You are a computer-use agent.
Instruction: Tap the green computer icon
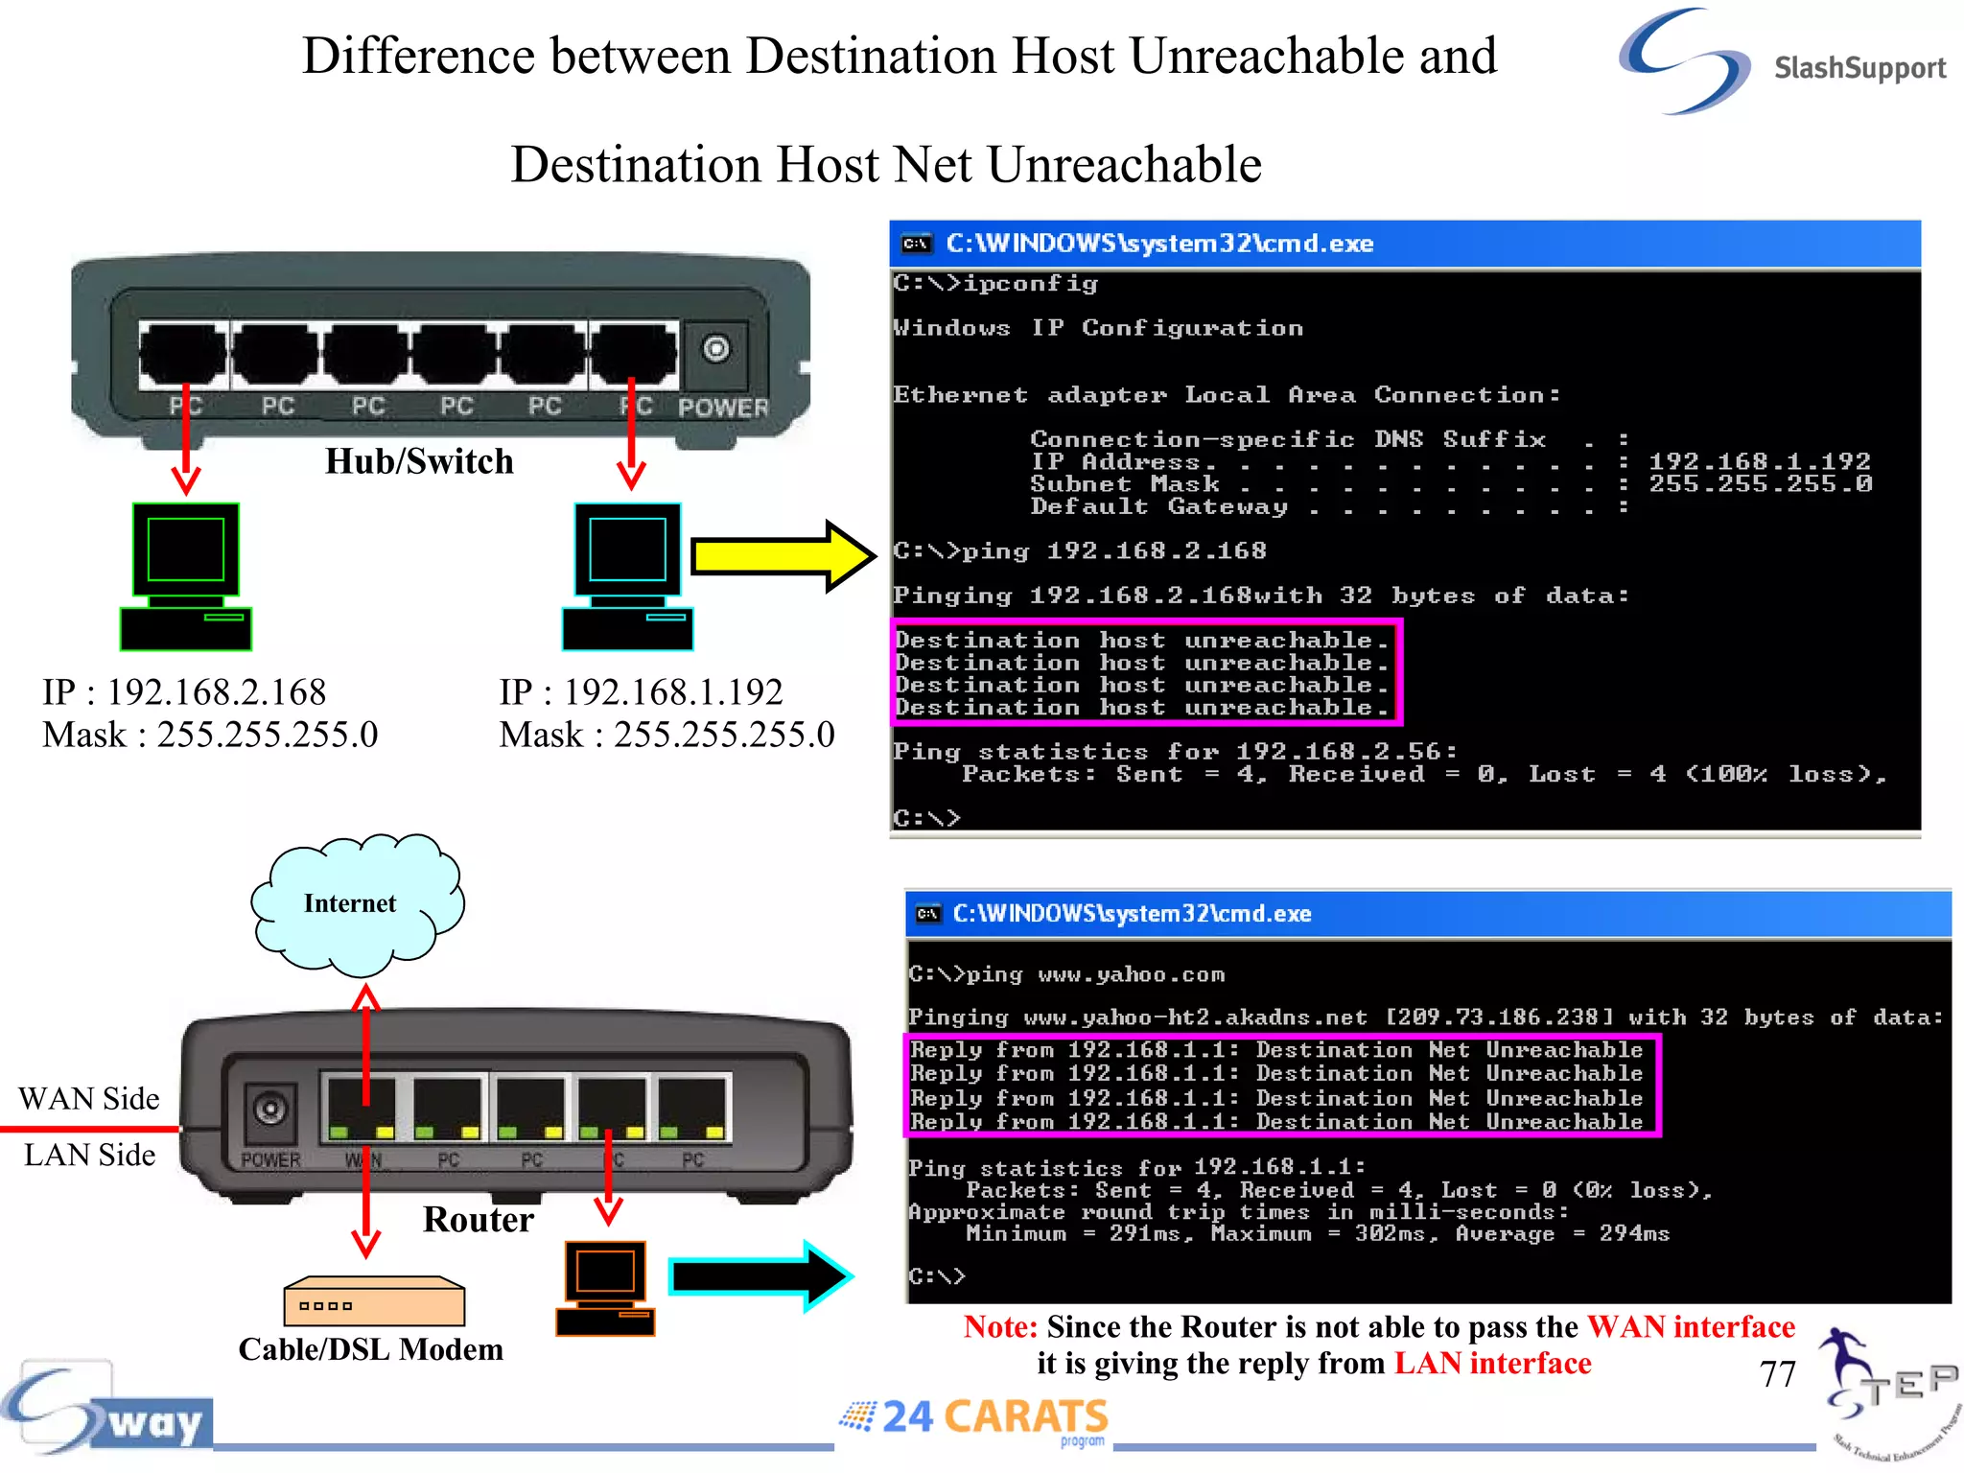(186, 576)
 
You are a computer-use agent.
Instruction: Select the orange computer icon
(605, 1288)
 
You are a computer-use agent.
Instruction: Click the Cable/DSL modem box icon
(374, 1301)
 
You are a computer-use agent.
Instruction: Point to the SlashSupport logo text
(1859, 68)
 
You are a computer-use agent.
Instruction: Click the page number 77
(1777, 1374)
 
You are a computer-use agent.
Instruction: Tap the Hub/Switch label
(419, 461)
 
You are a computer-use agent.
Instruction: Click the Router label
(478, 1219)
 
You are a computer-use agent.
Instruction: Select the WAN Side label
(89, 1098)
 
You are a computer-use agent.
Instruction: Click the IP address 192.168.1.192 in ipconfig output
(1759, 461)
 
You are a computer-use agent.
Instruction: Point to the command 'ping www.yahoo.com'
(1094, 975)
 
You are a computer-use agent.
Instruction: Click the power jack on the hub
(715, 349)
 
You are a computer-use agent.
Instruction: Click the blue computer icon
(628, 576)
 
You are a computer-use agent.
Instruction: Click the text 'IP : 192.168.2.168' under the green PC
(184, 691)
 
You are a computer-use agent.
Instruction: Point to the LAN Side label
(89, 1155)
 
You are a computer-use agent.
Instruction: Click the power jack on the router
(270, 1111)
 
